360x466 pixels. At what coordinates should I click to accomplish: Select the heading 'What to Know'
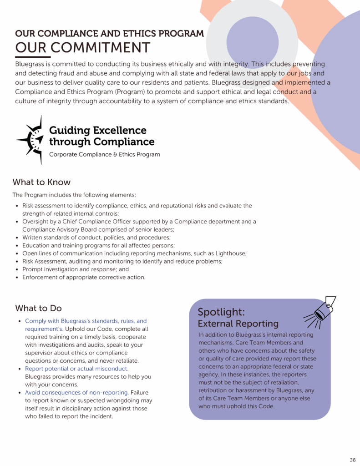[x=41, y=182]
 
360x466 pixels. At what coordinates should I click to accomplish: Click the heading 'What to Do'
[x=38, y=308]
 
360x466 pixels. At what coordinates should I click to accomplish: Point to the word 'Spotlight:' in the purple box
[x=221, y=312]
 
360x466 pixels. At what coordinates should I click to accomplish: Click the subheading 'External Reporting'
[x=238, y=324]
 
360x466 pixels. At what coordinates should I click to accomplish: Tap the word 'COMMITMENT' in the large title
[x=100, y=48]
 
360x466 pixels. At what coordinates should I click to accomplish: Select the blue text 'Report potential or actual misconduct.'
[x=76, y=369]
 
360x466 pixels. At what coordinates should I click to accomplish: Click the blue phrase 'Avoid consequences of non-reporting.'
[x=77, y=392]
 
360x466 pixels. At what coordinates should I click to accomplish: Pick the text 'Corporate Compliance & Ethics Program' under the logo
[x=104, y=154]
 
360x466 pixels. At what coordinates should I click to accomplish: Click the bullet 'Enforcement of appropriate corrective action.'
[x=84, y=277]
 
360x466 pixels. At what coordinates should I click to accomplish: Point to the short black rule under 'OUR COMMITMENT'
[x=33, y=57]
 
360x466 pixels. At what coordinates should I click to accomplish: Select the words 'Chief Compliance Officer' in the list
[x=96, y=222]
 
